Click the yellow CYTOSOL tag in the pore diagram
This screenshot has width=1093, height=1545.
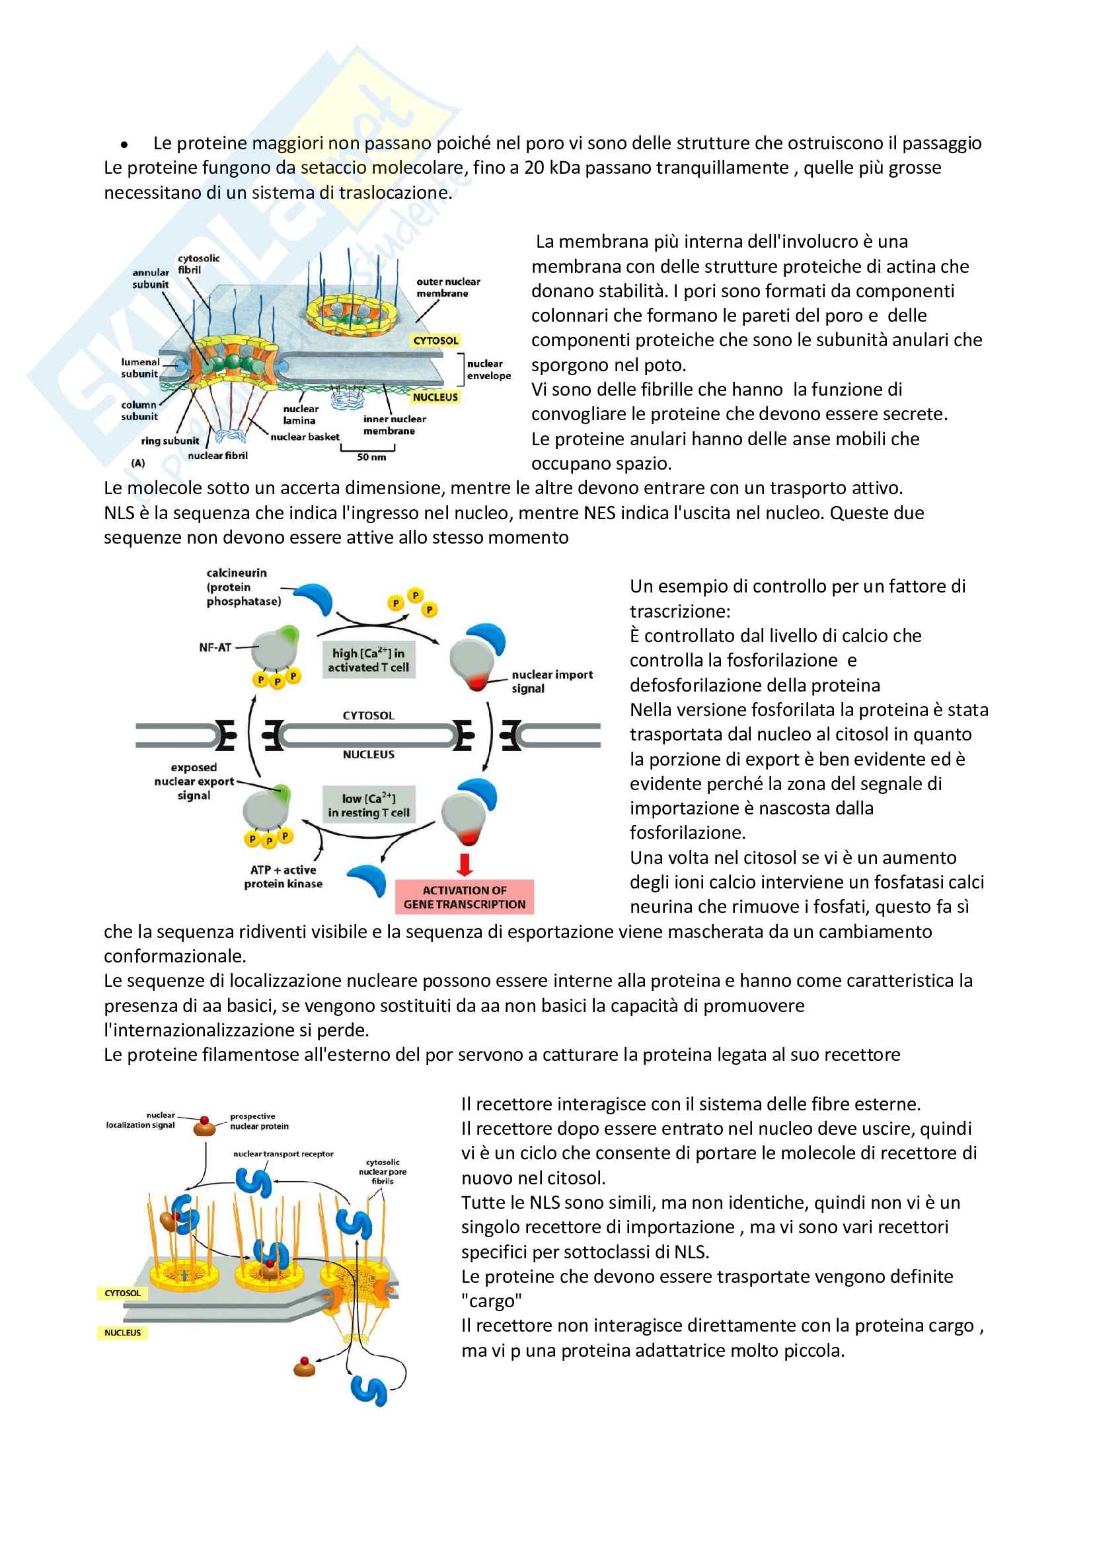[x=435, y=340]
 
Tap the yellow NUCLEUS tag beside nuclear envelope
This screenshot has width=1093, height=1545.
[x=435, y=397]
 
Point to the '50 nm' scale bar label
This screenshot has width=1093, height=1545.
[x=371, y=457]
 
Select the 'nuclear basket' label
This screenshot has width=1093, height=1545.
[x=305, y=437]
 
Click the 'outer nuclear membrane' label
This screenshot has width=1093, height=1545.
[x=448, y=287]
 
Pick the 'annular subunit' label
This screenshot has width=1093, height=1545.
[x=150, y=279]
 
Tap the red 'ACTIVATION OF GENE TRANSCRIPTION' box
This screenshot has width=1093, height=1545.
[x=465, y=897]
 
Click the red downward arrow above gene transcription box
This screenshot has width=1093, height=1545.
[x=465, y=864]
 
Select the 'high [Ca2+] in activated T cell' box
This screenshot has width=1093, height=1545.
[x=368, y=660]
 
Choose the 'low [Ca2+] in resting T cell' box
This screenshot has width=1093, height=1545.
[x=368, y=805]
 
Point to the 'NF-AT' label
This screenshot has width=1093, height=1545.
[x=215, y=647]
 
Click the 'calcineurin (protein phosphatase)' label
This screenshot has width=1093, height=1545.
[x=243, y=587]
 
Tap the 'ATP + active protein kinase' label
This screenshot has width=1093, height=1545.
[x=283, y=877]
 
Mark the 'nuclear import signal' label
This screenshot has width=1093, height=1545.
[x=552, y=681]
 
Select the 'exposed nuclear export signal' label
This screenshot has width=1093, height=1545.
[x=194, y=781]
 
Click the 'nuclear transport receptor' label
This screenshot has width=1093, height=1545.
[x=283, y=1153]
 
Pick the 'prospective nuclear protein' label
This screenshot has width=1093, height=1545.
[x=259, y=1121]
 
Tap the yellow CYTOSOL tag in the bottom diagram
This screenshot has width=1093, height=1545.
[x=122, y=1293]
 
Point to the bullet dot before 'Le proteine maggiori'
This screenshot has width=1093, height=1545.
[x=124, y=145]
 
